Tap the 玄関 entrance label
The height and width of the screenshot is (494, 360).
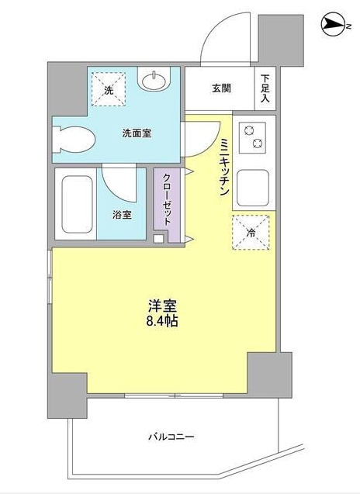[x=221, y=88]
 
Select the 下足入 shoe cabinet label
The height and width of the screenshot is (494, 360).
[x=265, y=88]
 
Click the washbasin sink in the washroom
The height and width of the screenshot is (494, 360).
[x=154, y=80]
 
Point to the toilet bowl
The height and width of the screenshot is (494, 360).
[x=73, y=139]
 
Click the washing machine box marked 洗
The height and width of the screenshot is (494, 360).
[x=109, y=89]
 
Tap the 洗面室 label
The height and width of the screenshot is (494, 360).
[x=137, y=133]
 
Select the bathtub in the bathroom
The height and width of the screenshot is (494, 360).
[x=78, y=204]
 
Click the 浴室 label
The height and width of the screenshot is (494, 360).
[x=122, y=215]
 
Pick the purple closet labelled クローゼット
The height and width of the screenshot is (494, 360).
[x=167, y=205]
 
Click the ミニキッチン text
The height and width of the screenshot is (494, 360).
[x=224, y=167]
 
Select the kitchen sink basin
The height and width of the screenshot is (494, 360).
[x=253, y=188]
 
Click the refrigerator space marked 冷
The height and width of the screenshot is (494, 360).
[x=251, y=233]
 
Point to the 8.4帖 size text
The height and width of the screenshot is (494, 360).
[x=162, y=321]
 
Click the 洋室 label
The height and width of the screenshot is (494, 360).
[x=162, y=306]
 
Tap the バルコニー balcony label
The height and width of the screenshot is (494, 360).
[x=171, y=437]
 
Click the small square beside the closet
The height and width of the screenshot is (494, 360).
[x=158, y=239]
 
